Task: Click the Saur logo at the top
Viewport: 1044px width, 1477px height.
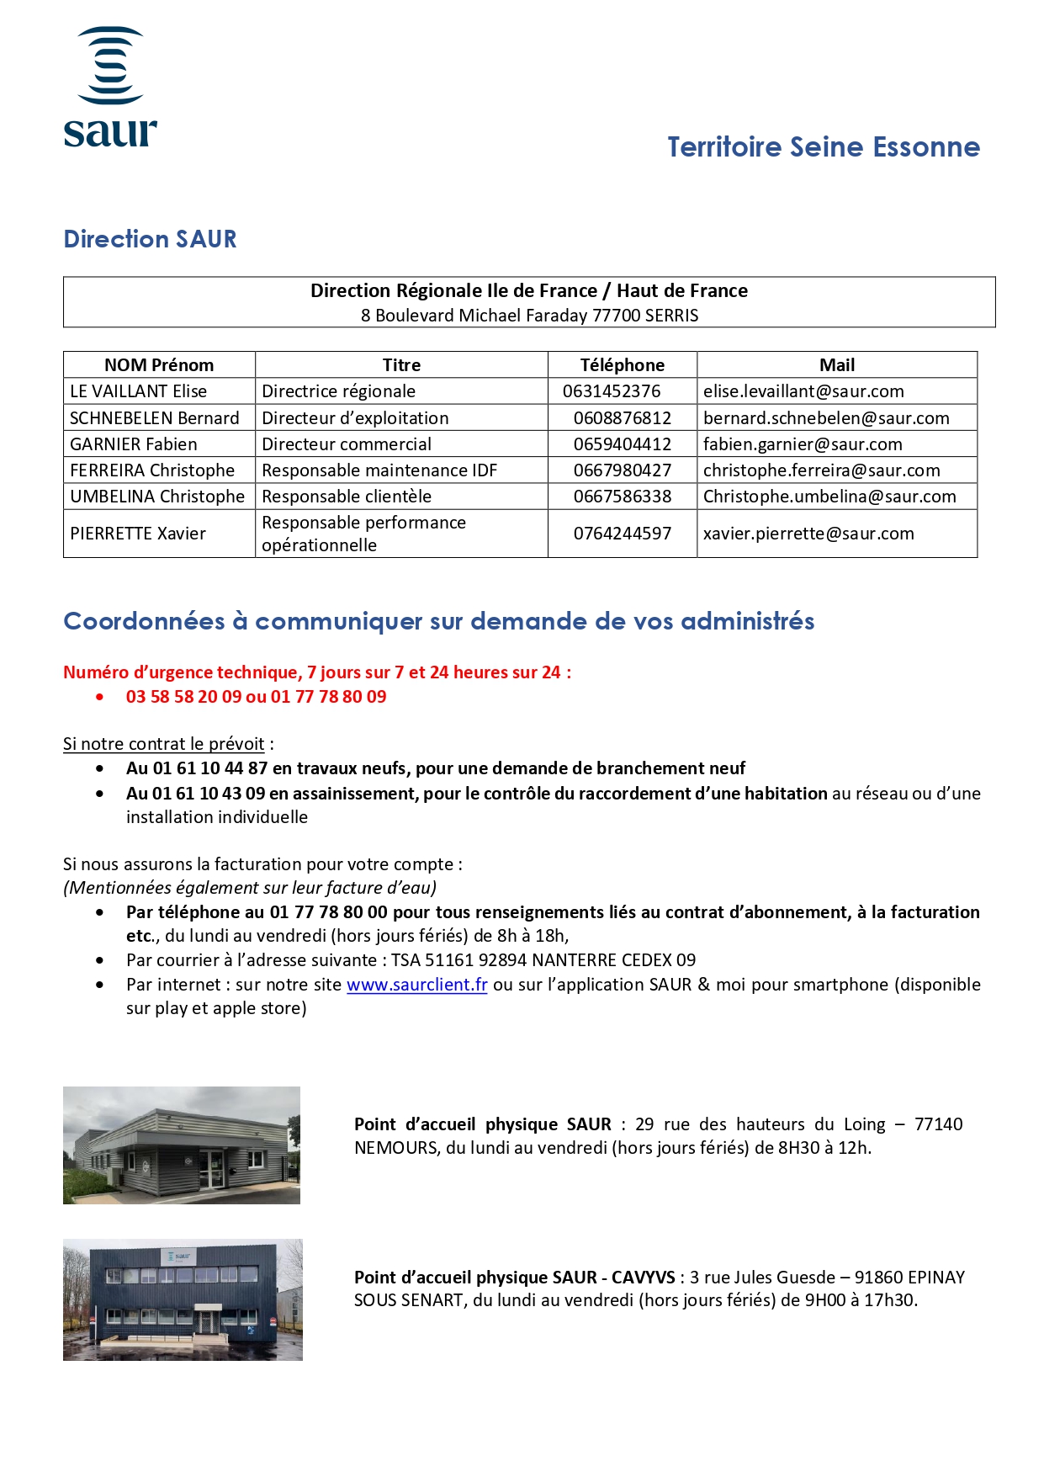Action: point(110,88)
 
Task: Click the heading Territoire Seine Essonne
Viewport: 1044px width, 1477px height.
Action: point(823,147)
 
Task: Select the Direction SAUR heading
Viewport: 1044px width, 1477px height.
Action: point(150,239)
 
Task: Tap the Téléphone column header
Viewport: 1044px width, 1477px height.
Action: point(622,365)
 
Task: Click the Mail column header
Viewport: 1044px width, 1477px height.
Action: point(836,365)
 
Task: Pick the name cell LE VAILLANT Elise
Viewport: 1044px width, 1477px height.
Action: point(139,391)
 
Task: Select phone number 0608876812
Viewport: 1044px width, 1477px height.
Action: point(622,418)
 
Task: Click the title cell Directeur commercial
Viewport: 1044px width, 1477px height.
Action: point(347,444)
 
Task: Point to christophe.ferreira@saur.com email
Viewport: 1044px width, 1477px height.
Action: point(821,470)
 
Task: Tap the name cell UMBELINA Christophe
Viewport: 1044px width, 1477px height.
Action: point(157,497)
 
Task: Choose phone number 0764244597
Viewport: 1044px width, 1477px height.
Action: point(622,534)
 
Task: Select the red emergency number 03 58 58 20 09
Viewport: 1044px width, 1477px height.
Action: point(183,697)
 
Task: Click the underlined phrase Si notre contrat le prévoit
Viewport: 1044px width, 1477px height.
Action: point(164,744)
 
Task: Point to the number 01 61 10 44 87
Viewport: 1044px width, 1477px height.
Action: point(210,768)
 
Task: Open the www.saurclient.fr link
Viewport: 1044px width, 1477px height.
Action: point(416,985)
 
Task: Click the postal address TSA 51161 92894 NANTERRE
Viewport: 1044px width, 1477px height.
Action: point(543,960)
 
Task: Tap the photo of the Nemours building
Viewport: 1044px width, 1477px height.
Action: point(182,1145)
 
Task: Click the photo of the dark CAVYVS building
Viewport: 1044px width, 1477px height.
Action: point(183,1299)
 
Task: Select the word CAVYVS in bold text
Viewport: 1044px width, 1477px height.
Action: point(643,1278)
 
